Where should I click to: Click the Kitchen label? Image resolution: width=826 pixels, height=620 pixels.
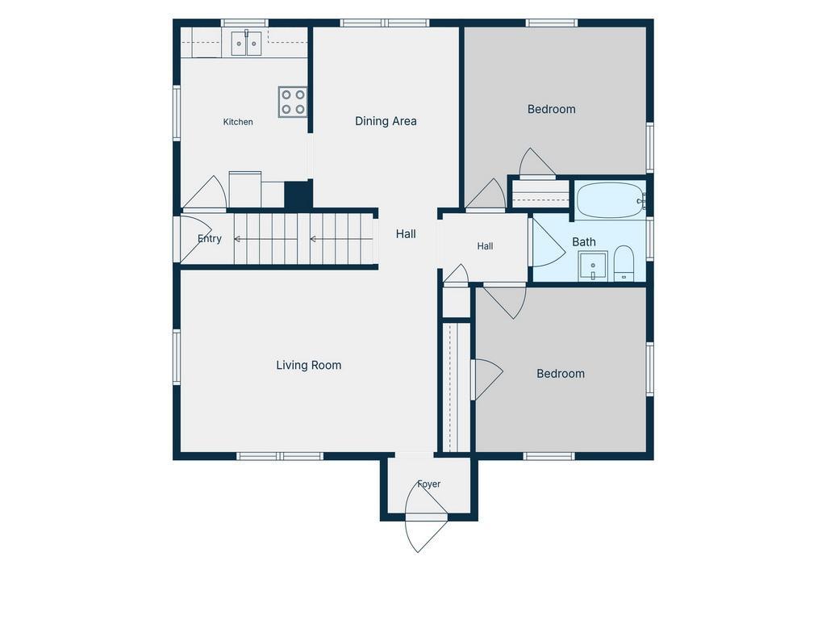[x=238, y=122]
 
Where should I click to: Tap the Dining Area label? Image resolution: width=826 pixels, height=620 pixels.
[x=386, y=121]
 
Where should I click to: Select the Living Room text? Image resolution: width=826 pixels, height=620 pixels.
[x=309, y=366]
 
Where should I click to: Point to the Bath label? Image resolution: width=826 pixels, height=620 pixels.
[x=584, y=242]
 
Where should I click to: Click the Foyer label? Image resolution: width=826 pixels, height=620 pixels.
[x=429, y=484]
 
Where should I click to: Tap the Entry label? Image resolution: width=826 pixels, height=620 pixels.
[x=209, y=238]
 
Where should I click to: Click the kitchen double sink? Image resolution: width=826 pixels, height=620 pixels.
[x=246, y=44]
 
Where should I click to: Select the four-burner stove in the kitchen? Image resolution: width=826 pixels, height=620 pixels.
[x=293, y=102]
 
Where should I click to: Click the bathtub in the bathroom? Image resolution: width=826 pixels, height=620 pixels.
[x=610, y=200]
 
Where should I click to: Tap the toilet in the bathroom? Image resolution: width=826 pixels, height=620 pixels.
[x=624, y=263]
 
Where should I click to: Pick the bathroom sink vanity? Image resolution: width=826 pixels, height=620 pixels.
[x=593, y=266]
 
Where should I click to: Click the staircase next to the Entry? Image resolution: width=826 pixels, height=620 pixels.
[x=305, y=239]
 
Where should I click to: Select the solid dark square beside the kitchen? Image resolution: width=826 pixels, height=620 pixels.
[x=298, y=195]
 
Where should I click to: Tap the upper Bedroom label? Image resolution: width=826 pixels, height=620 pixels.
[x=552, y=109]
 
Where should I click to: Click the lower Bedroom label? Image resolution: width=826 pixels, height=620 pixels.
[x=561, y=374]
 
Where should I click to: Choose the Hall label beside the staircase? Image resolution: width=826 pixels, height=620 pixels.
[x=406, y=234]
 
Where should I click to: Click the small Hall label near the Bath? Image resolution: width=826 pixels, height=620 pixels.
[x=485, y=246]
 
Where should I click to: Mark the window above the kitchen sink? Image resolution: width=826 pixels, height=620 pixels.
[x=244, y=23]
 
